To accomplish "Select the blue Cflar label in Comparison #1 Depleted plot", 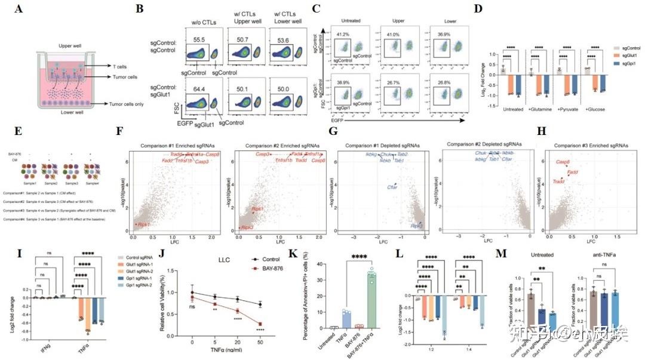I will (x=393, y=187).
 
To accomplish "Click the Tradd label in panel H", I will (x=559, y=181).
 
